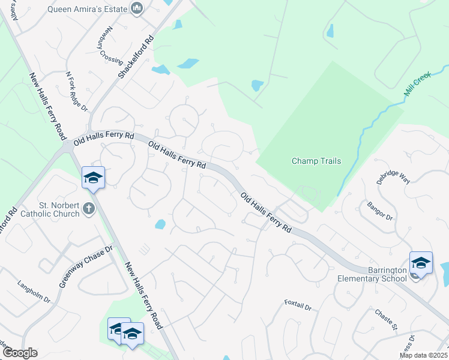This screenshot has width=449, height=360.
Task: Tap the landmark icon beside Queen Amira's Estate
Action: [x=137, y=8]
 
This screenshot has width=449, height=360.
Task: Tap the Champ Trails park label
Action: [x=316, y=161]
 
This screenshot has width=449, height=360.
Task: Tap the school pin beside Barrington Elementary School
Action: [x=421, y=263]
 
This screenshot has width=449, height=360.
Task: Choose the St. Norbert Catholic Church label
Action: [x=50, y=209]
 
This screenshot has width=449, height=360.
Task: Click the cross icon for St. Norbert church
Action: [x=89, y=209]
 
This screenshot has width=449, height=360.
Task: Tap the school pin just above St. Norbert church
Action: [x=93, y=178]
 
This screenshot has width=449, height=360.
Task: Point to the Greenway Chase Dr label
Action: [x=86, y=266]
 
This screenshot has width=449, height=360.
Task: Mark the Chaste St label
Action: [x=386, y=319]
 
